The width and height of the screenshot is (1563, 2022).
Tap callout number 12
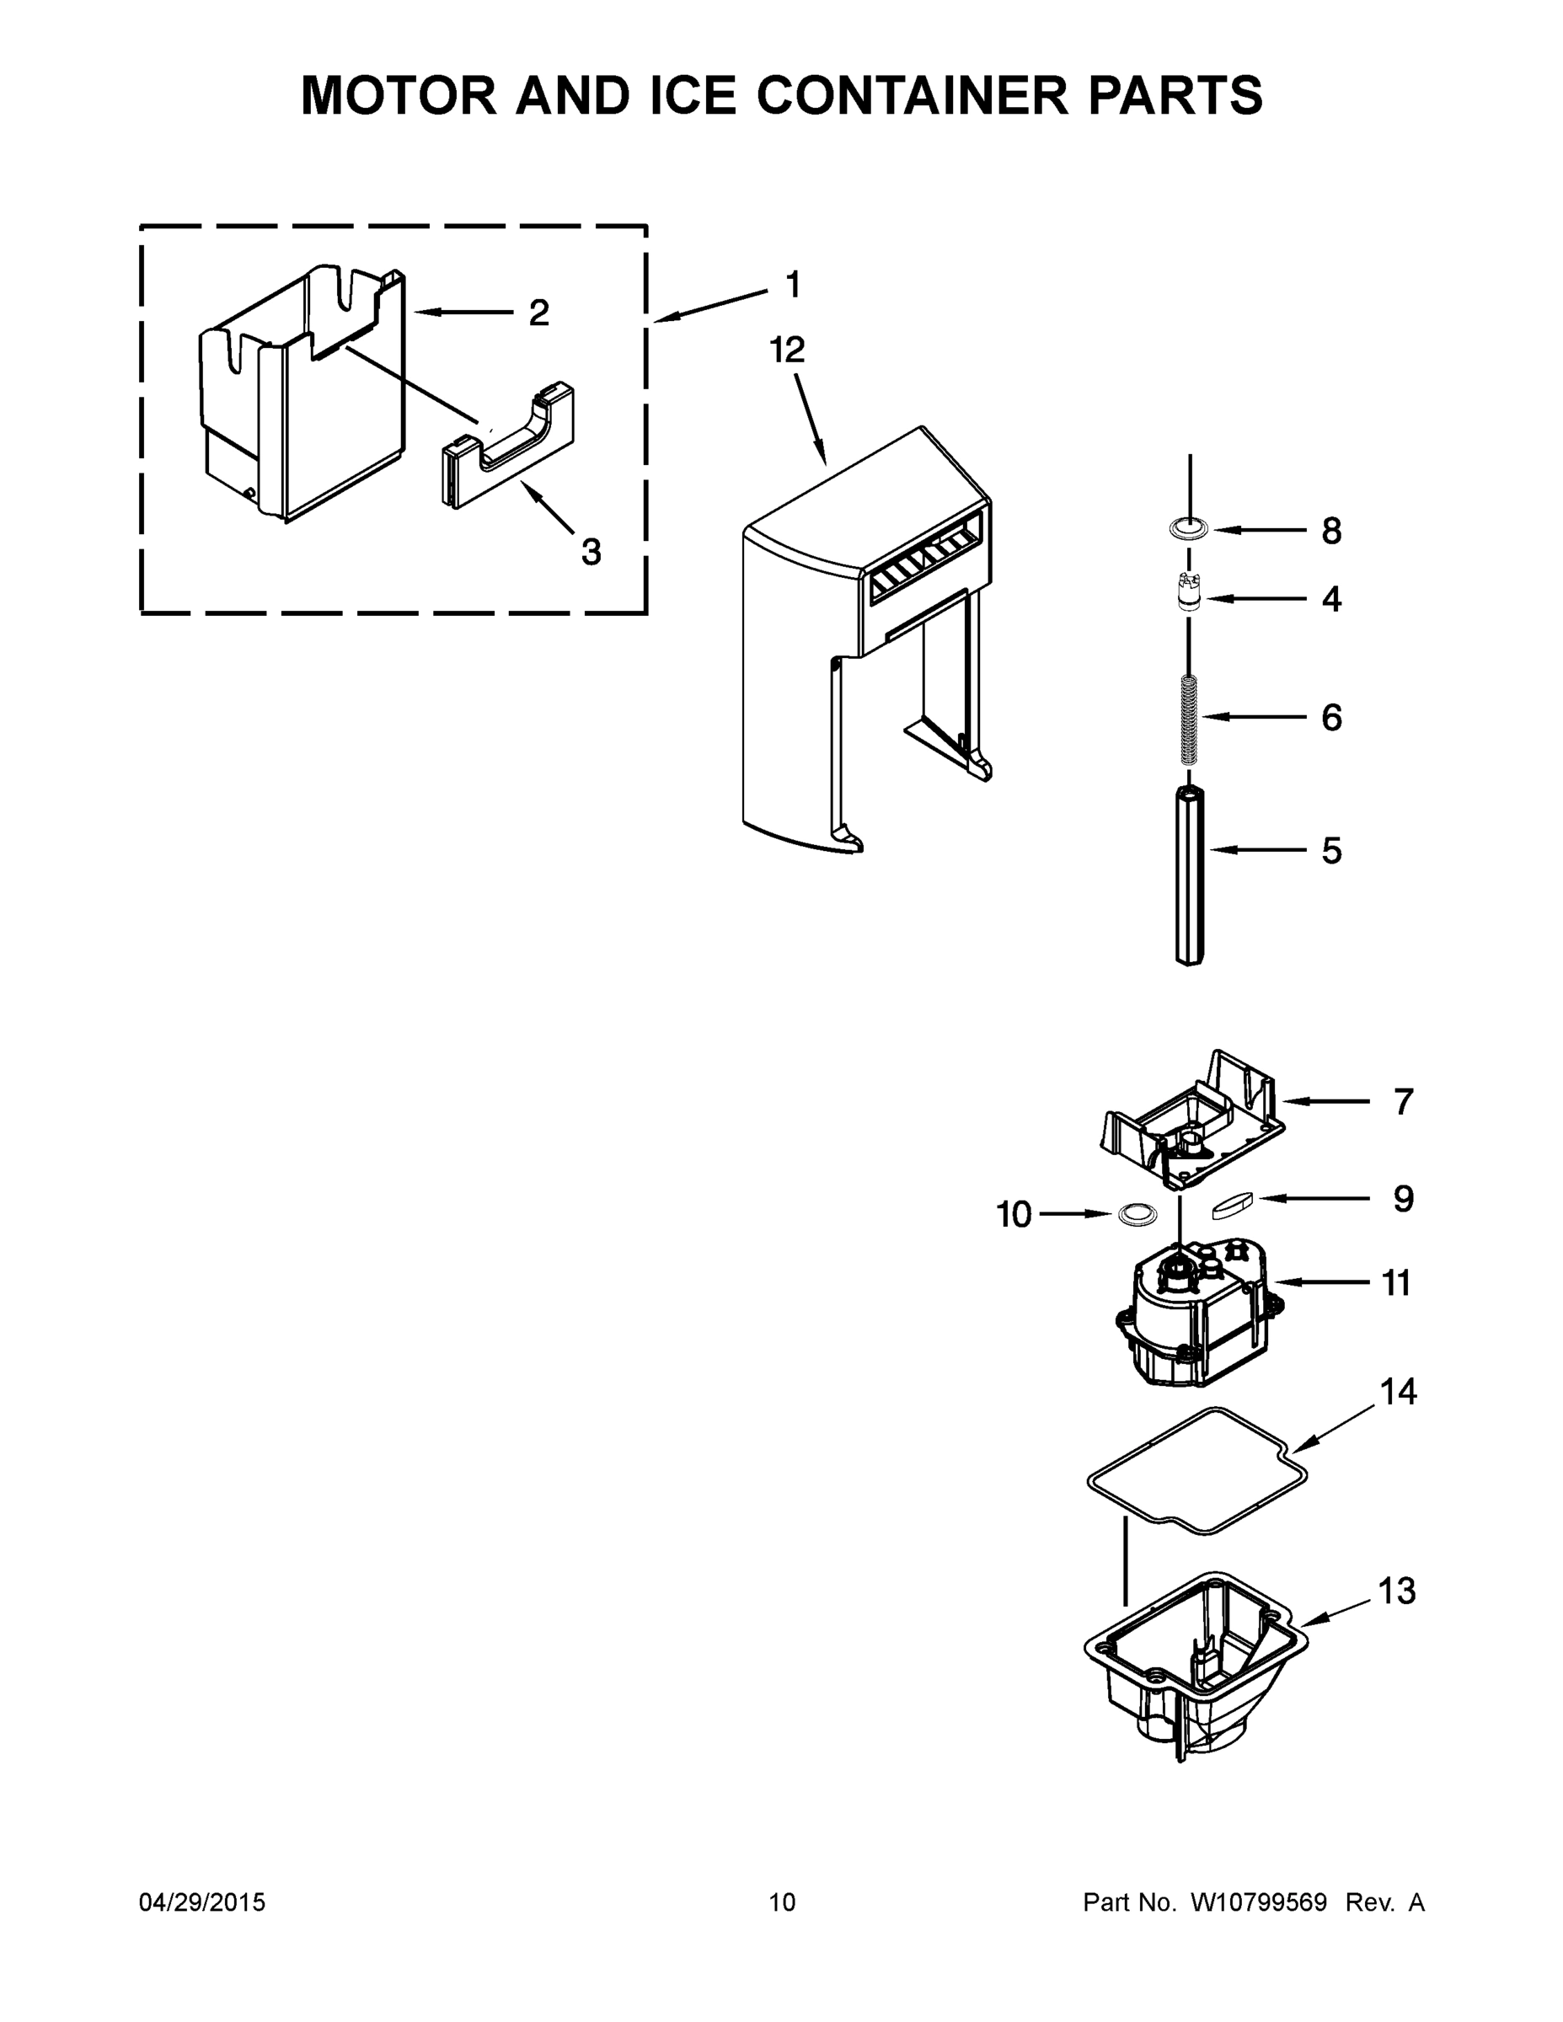(787, 350)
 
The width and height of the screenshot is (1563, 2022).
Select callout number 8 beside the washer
(1330, 532)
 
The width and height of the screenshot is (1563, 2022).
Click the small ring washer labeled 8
(1189, 530)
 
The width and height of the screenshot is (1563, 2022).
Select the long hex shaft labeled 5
(1190, 875)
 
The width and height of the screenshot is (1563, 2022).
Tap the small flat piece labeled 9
(1232, 1205)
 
